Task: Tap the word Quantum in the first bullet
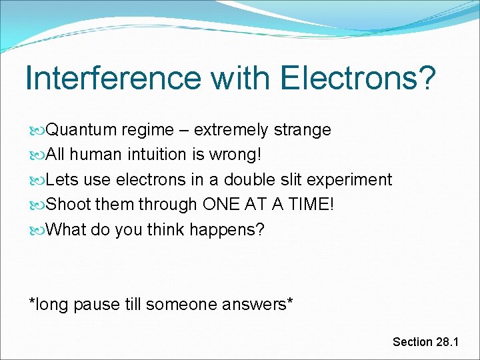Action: click(80, 129)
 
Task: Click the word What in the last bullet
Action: click(67, 231)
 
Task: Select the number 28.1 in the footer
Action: click(447, 342)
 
